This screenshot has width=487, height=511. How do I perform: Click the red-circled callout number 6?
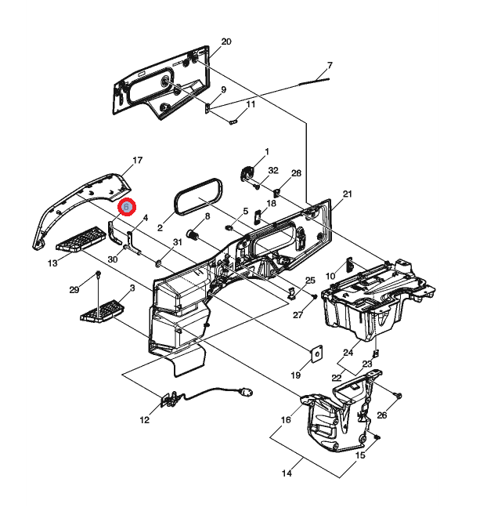coord(126,207)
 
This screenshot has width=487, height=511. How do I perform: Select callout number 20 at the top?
coord(225,42)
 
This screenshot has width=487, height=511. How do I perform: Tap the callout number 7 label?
coord(330,65)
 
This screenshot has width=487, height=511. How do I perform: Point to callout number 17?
coord(138,161)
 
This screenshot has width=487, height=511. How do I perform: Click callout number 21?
coord(348,194)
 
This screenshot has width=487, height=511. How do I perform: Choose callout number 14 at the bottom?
coord(287,473)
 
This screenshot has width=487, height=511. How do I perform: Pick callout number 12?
coord(145,420)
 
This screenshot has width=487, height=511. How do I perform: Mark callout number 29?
coord(74,290)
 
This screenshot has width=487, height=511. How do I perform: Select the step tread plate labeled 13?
coord(81,239)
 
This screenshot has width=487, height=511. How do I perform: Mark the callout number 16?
coord(286,420)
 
